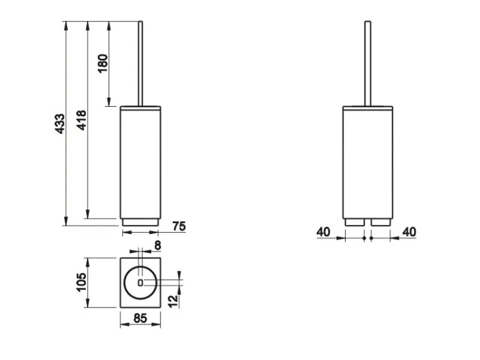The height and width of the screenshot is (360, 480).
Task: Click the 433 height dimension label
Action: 60,123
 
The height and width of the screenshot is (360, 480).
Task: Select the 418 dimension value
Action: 82,120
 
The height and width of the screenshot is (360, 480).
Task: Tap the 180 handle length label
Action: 103,63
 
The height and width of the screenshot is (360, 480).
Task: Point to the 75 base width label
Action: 179,226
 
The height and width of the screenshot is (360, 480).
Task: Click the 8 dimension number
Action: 157,246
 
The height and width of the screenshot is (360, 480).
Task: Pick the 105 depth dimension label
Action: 81,282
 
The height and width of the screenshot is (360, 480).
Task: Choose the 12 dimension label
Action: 173,301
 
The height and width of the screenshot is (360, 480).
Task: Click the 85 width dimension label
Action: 140,318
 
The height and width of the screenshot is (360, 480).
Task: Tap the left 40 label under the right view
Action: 324,232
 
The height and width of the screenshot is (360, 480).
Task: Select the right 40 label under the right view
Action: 410,232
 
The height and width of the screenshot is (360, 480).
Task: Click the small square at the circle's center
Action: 140,283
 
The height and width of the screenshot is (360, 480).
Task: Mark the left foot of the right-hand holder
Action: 355,223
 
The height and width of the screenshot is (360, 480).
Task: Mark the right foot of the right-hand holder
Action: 381,223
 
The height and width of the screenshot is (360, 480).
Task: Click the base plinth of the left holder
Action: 140,223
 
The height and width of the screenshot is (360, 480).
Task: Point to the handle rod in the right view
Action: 367,63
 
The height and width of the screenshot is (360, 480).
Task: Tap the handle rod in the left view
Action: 141,63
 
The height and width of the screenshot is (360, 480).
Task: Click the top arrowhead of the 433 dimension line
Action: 66,26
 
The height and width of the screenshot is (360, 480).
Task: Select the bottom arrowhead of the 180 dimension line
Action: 109,102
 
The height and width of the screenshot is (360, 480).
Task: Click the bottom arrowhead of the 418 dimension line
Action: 88,214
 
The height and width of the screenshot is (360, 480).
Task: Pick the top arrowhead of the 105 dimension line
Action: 88,262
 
